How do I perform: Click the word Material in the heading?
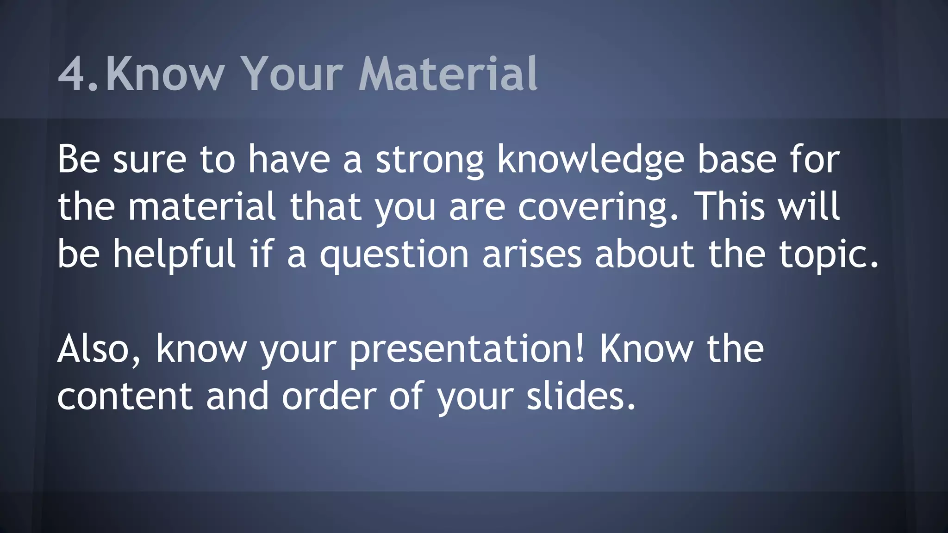(448, 74)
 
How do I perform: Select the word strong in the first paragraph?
(430, 160)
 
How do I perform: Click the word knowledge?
(590, 160)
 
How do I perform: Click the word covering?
(597, 207)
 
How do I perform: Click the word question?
(394, 255)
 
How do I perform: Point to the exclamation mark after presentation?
(581, 349)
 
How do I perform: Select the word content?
(125, 397)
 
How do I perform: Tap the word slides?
(580, 397)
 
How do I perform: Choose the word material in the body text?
(202, 207)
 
